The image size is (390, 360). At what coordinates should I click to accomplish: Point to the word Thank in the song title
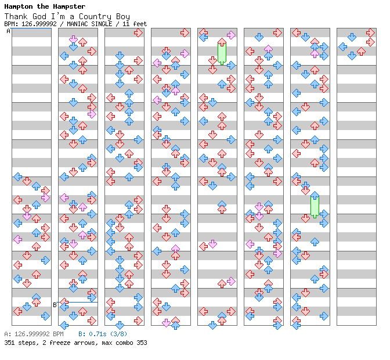[16, 16]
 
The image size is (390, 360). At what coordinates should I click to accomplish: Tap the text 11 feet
[135, 24]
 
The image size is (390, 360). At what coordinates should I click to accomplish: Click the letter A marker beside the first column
[8, 31]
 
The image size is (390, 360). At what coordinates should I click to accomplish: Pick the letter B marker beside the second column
[55, 304]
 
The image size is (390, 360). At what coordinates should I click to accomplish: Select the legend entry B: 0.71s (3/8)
[103, 334]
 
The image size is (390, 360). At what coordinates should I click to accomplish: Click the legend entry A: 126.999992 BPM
[34, 334]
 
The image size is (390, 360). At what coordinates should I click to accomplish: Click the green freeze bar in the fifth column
[222, 53]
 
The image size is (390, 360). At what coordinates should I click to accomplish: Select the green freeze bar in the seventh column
[315, 207]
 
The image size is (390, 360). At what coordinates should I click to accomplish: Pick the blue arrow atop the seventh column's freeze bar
[315, 195]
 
